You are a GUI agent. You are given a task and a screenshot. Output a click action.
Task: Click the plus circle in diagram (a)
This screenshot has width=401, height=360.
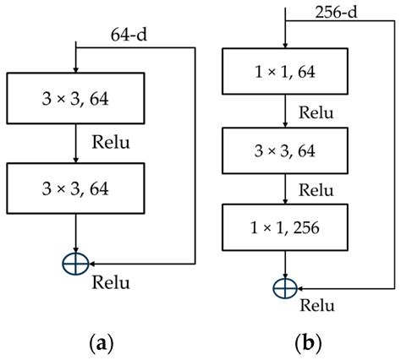(75, 263)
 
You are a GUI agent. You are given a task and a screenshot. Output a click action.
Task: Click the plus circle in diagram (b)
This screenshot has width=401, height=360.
(286, 288)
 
